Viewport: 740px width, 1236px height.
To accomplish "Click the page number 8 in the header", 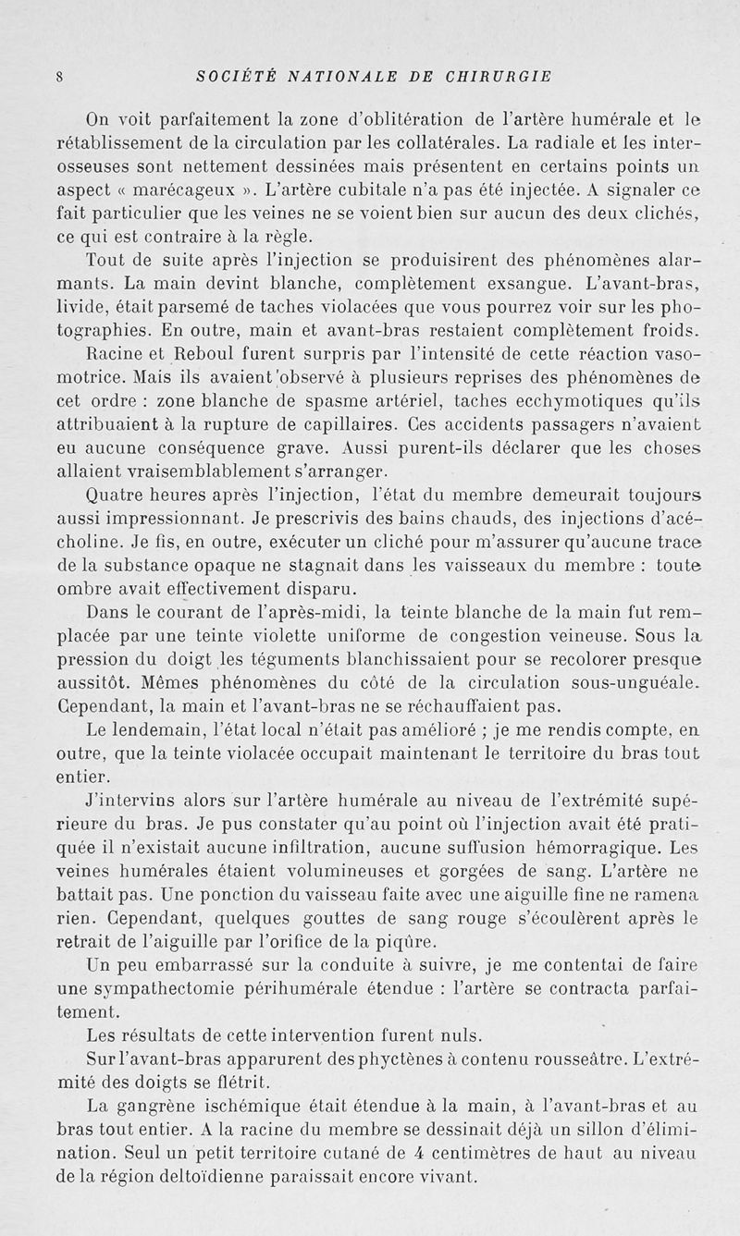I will (59, 78).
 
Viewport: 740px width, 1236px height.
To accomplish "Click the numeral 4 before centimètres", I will (419, 1154).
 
